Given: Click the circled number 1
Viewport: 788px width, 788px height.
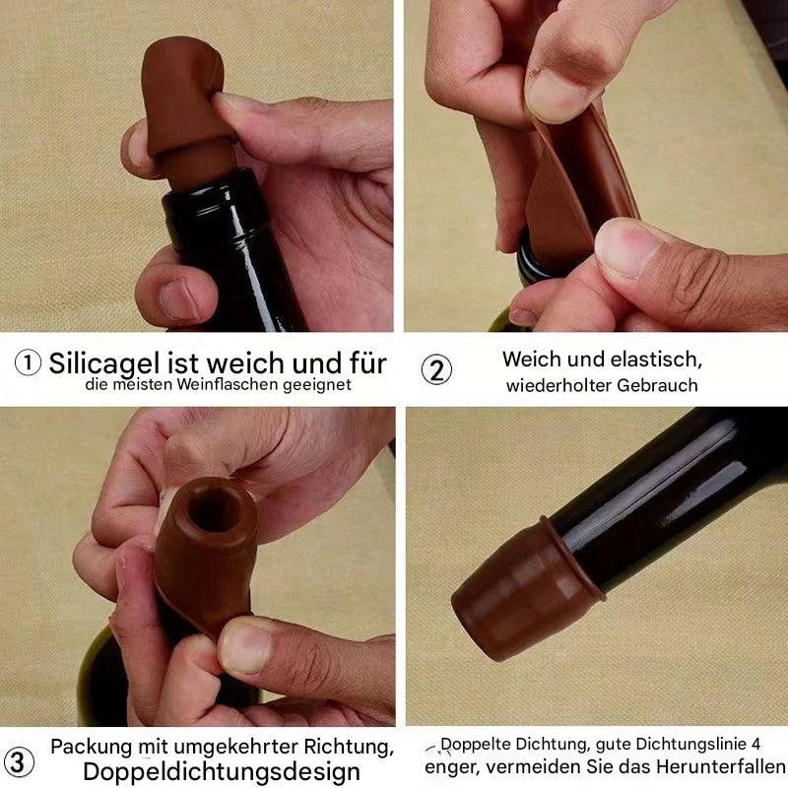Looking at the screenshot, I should (x=28, y=363).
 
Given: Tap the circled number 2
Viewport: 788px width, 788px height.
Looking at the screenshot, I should (x=436, y=370).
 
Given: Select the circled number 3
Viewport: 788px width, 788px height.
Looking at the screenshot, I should (x=19, y=761).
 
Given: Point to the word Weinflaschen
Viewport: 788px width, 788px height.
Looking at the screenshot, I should (x=221, y=385).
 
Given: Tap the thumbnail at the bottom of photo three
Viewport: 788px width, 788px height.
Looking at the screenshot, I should (x=246, y=650).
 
